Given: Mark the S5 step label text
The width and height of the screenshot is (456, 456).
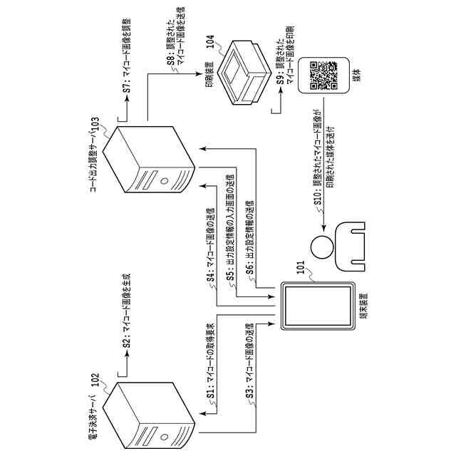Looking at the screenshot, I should [231, 235].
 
